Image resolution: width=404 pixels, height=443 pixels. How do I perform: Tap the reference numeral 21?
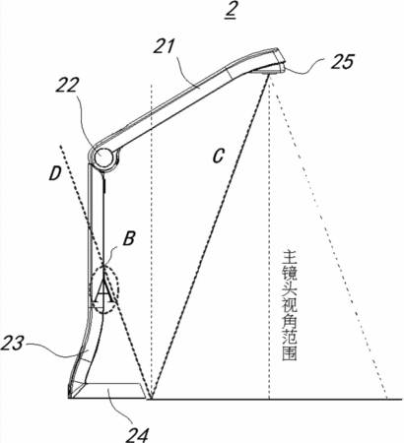click(166, 46)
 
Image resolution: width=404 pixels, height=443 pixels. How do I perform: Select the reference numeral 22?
click(67, 86)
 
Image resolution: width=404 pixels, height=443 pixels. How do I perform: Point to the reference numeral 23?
click(12, 344)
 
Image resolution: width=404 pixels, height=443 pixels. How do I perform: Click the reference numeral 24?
click(136, 434)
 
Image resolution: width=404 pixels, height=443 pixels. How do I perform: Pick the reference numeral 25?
click(343, 62)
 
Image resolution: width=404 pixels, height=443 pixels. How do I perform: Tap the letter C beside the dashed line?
click(218, 156)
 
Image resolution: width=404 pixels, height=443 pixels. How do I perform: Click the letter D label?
click(55, 173)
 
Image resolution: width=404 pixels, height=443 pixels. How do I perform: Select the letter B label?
click(129, 238)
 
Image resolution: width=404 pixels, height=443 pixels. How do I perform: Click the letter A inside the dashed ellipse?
click(104, 292)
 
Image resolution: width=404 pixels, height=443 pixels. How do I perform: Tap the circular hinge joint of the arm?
click(104, 157)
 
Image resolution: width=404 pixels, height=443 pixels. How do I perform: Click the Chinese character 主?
click(290, 257)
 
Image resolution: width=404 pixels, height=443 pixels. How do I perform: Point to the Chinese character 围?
click(290, 353)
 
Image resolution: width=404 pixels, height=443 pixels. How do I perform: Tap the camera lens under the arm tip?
click(265, 71)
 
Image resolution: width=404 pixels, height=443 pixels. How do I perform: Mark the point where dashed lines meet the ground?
click(151, 399)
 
